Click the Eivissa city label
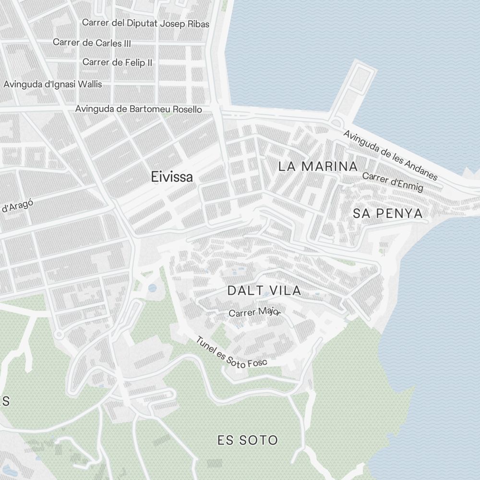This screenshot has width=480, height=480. point(172,177)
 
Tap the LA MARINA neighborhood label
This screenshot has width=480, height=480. point(318,167)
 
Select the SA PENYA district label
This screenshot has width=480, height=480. point(388,214)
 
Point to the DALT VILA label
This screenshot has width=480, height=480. point(264,290)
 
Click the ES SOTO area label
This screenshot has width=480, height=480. point(247,440)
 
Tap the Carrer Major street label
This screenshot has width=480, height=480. point(254,312)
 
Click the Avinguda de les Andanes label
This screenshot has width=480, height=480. point(390,155)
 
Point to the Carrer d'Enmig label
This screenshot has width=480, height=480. point(393,181)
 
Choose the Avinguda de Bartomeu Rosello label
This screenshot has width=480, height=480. point(138,109)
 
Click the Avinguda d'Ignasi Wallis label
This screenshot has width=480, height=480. point(53,84)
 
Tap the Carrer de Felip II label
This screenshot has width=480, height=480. point(117,62)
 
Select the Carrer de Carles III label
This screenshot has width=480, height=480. point(92,42)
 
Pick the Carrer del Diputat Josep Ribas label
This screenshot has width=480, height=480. point(145,23)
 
